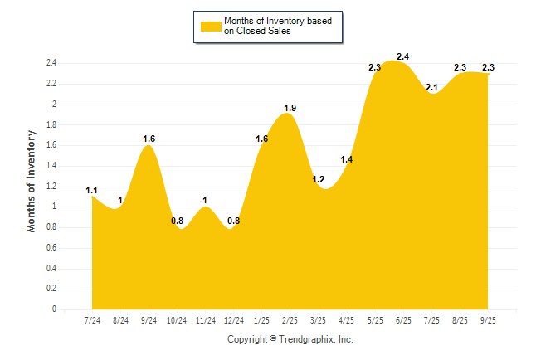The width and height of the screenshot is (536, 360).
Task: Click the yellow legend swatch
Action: (x=210, y=26)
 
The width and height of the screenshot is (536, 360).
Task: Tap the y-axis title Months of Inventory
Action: (x=32, y=180)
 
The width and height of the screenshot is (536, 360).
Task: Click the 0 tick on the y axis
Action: (x=54, y=309)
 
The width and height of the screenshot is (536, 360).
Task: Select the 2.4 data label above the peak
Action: (x=403, y=56)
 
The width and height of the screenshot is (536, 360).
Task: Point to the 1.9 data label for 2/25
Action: (x=290, y=108)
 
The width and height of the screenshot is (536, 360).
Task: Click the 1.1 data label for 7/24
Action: (x=92, y=190)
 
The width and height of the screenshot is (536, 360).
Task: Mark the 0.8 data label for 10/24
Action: (x=178, y=221)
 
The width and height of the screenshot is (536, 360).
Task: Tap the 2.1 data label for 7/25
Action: (x=431, y=87)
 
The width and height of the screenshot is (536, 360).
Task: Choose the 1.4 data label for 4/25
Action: (x=347, y=159)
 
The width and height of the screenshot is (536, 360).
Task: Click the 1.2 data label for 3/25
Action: (x=319, y=179)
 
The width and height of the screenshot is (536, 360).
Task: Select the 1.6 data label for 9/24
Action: (x=149, y=139)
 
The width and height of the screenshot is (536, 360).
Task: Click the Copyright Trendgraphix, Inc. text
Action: (x=290, y=339)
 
